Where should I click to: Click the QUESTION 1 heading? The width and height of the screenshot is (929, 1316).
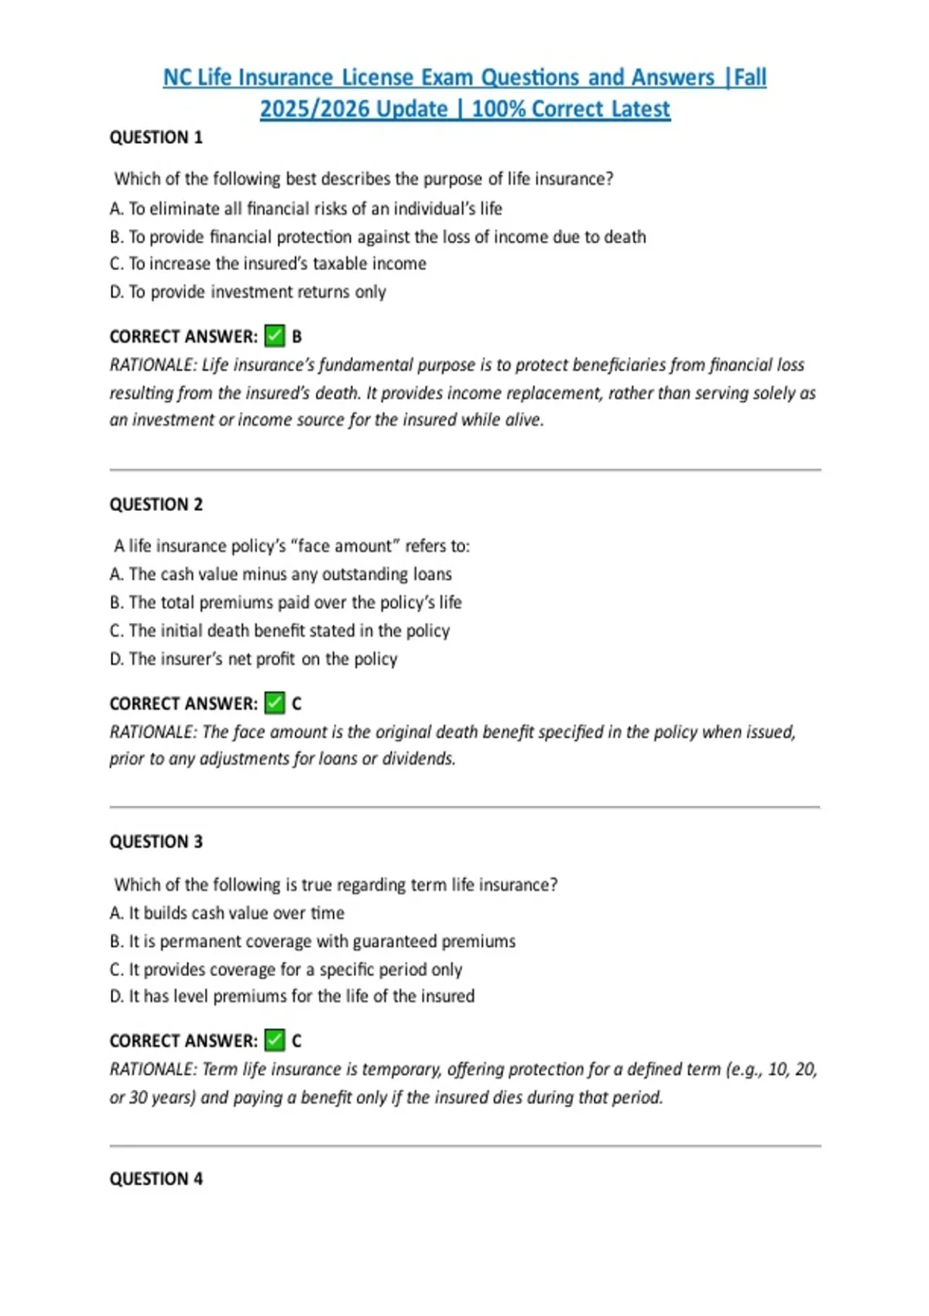[156, 138]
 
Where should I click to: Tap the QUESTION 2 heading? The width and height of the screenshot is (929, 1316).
[156, 505]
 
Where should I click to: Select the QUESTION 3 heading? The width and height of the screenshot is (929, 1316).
[156, 842]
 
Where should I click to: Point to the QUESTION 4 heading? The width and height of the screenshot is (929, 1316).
[156, 1179]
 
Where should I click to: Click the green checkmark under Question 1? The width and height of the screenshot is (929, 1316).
[275, 336]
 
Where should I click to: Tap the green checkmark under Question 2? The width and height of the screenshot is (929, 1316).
[275, 703]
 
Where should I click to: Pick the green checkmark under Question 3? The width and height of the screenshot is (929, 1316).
[275, 1040]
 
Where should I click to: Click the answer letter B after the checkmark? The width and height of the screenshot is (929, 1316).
[297, 337]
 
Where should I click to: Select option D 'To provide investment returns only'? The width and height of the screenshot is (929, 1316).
[248, 292]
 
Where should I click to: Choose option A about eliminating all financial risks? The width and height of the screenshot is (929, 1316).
[306, 209]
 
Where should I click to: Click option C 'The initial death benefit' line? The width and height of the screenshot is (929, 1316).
[279, 631]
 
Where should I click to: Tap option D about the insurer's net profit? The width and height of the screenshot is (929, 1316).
[253, 660]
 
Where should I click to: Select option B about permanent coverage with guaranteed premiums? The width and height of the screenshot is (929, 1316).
[312, 941]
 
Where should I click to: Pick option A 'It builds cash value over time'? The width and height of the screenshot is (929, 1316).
[227, 913]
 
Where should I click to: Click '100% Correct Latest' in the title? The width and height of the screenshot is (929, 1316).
[571, 109]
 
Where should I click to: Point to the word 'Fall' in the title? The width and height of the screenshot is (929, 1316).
[749, 77]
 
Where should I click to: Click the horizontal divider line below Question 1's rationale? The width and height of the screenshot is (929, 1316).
[464, 470]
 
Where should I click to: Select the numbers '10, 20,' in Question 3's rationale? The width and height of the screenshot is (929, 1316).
[792, 1070]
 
